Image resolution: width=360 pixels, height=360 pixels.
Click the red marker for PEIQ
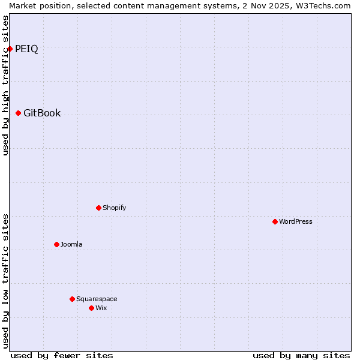(10, 49)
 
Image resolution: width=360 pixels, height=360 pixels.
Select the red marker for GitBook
(19, 113)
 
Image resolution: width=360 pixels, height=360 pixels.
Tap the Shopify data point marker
(99, 208)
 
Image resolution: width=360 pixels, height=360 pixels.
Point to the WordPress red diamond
(275, 222)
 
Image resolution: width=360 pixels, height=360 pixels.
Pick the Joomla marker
(57, 245)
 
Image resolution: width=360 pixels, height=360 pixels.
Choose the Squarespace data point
(73, 299)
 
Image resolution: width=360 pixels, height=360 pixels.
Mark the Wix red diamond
(92, 308)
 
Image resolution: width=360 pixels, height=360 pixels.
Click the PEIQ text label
(26, 49)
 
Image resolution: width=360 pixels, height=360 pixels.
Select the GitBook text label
(42, 113)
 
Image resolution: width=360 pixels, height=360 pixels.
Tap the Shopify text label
(114, 208)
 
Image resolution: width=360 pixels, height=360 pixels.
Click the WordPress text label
(295, 222)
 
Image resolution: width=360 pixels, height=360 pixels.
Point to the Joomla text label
(71, 245)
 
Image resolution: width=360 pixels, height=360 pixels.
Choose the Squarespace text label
(97, 299)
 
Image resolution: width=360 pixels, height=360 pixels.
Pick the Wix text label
(101, 308)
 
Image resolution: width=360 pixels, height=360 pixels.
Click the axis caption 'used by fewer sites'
(62, 355)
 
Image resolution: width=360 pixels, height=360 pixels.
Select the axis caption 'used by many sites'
(301, 355)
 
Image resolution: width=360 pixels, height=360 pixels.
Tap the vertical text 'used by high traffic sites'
(6, 85)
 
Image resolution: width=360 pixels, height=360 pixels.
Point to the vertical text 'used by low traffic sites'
(6, 281)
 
